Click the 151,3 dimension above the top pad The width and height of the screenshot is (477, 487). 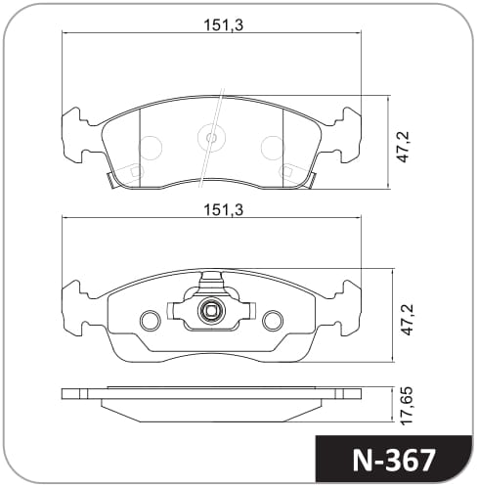pos(224,25)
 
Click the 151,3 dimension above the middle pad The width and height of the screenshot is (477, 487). pos(224,210)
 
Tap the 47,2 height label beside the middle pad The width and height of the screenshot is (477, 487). pos(407,320)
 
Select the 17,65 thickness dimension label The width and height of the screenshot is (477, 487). pos(407,406)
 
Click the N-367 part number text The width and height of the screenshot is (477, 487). pos(394,461)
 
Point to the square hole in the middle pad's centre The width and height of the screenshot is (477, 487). pos(211,311)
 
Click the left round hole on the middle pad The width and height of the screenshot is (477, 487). pos(151,320)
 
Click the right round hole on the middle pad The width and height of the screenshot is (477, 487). pos(273,320)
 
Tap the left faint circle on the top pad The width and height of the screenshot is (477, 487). pos(151,148)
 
